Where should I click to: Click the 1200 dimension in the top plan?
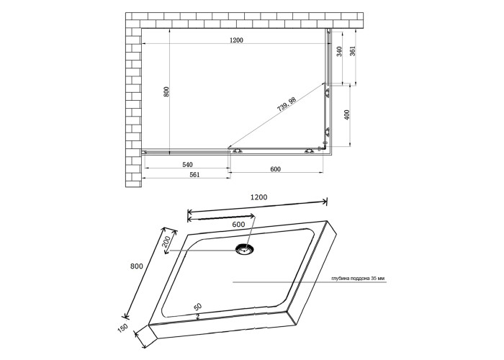[236, 40]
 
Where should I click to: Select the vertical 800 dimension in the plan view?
[166, 91]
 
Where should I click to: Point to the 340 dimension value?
[339, 51]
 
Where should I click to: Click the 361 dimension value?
[353, 51]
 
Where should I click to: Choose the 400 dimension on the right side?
[346, 114]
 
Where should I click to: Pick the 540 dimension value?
[187, 165]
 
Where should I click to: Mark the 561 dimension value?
[194, 174]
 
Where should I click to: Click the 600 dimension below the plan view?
[276, 169]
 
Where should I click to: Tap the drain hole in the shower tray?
[245, 249]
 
